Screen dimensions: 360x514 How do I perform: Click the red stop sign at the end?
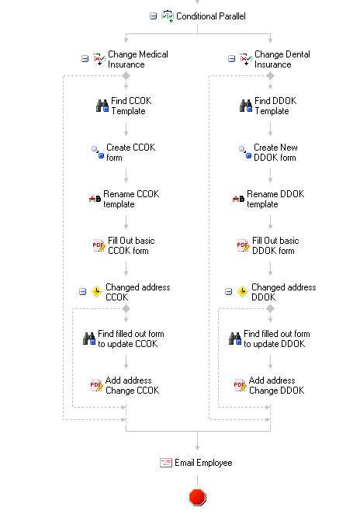(x=198, y=497)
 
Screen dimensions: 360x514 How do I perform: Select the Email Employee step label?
(x=203, y=463)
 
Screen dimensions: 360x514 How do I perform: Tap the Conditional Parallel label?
(x=210, y=16)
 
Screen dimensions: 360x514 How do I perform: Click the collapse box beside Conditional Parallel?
(x=153, y=16)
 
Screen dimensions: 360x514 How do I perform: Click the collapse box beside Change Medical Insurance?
(x=85, y=59)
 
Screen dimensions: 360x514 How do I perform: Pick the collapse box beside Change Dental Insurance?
(x=231, y=59)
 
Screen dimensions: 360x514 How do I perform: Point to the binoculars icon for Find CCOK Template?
(x=102, y=106)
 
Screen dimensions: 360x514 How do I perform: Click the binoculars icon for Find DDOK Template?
(x=246, y=106)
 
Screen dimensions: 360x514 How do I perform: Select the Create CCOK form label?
(x=130, y=152)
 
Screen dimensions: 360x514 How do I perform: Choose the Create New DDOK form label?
(x=275, y=152)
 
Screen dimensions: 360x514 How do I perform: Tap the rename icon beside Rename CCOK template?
(x=95, y=199)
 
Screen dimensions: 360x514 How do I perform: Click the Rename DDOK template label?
(x=275, y=199)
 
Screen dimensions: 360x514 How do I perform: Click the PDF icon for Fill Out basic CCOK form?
(x=99, y=245)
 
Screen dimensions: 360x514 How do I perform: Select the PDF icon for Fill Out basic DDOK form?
(x=243, y=245)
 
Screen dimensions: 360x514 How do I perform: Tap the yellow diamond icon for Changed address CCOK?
(x=97, y=291)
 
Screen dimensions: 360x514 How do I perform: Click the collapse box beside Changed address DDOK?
(x=229, y=291)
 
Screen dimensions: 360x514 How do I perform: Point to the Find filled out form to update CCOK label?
(x=131, y=339)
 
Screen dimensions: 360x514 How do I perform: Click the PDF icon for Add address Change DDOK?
(x=240, y=385)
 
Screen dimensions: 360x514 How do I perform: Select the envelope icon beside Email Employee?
(x=166, y=463)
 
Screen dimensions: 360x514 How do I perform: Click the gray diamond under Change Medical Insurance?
(x=126, y=76)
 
